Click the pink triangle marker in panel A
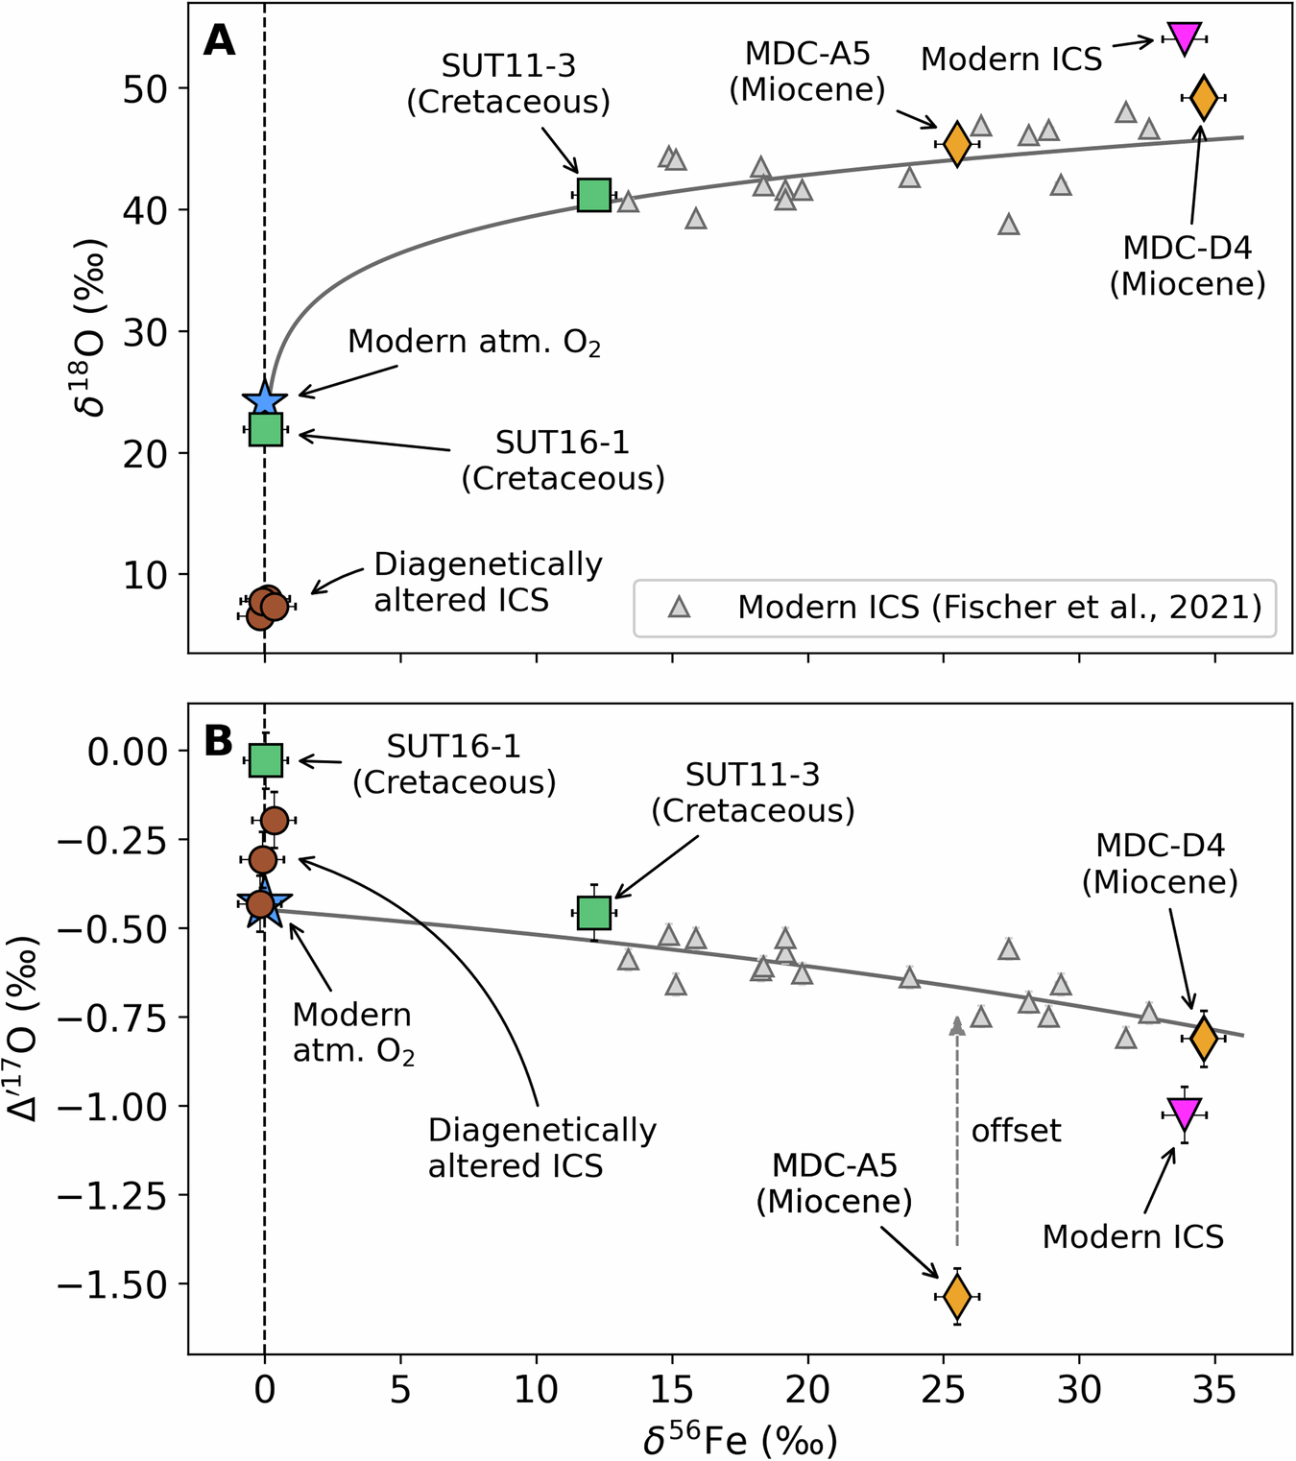coord(1184,37)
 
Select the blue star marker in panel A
coord(265,399)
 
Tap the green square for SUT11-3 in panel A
coord(594,195)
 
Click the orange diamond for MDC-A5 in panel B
coord(957,1296)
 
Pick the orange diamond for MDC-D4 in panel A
coord(1204,97)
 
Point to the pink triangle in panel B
coord(1184,1114)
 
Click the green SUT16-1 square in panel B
coord(265,760)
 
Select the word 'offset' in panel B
coord(1016,1131)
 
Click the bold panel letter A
coord(220,41)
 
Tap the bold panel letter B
coord(219,741)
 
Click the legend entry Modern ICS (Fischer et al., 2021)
coord(998,607)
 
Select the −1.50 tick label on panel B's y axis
coord(113,1283)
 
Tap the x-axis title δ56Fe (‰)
coord(739,1439)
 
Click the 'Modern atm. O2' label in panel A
coord(474,342)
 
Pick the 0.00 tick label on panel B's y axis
coord(128,751)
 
